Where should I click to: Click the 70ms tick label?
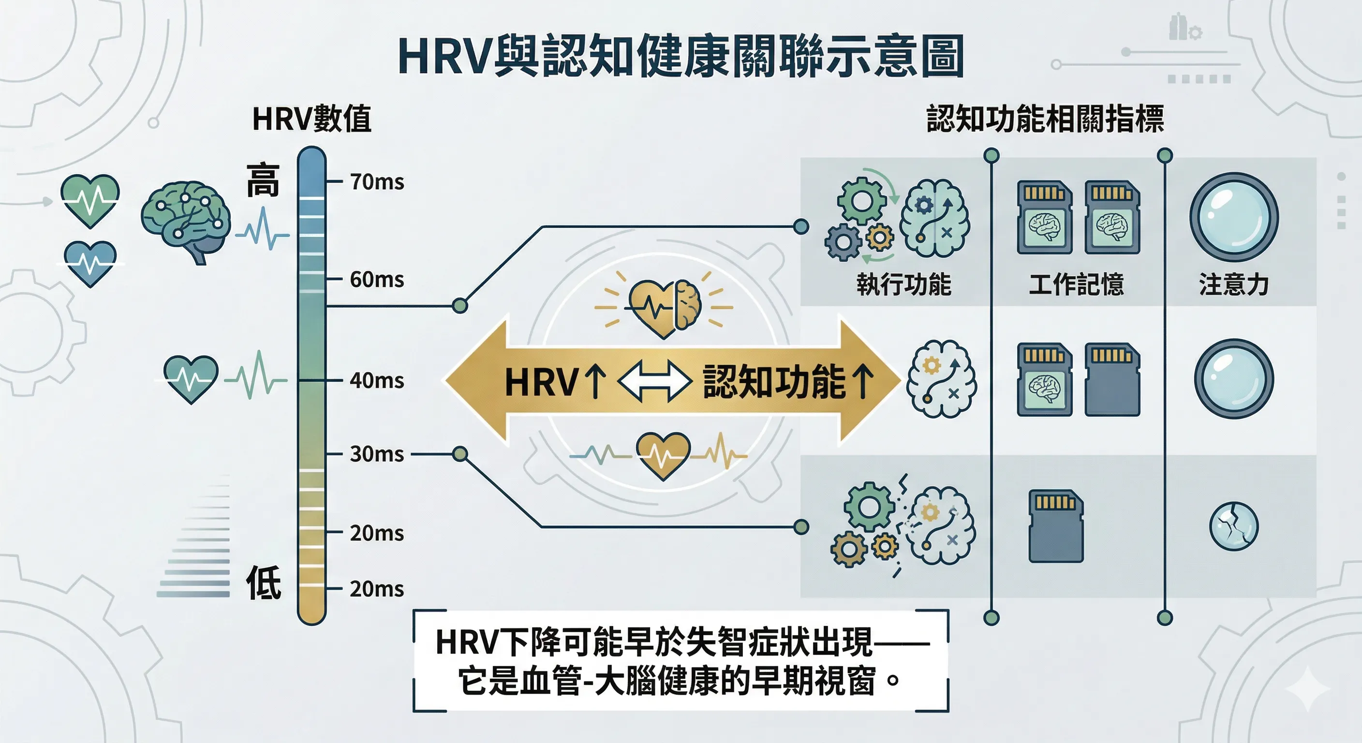377,182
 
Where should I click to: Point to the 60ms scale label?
377,279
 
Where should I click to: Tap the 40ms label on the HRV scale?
377,380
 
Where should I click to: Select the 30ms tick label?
377,454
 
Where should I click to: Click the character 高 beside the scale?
263,181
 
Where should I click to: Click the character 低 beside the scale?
263,582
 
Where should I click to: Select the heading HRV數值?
312,119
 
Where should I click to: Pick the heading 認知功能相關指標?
1045,119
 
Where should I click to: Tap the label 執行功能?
904,284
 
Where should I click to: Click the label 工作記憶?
1077,284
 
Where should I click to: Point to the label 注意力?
1233,284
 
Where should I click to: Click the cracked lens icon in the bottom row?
1233,526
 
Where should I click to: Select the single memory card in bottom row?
1056,526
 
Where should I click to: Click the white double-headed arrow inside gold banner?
654,381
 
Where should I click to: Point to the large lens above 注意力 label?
1233,217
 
